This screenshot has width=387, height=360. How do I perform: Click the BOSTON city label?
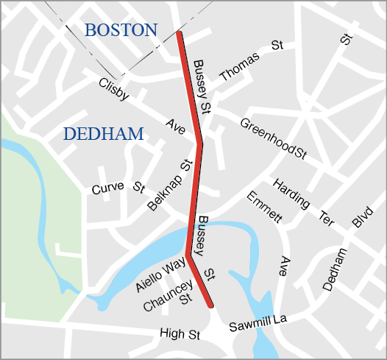pyautogui.click(x=121, y=30)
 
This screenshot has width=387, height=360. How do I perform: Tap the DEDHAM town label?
pyautogui.click(x=103, y=134)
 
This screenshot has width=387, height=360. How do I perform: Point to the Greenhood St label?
pyautogui.click(x=273, y=138)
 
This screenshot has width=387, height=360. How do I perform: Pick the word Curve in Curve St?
pyautogui.click(x=107, y=189)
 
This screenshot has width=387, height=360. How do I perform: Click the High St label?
pyautogui.click(x=180, y=335)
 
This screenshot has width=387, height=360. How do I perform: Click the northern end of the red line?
pyautogui.click(x=180, y=34)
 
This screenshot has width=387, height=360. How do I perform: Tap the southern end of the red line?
pyautogui.click(x=210, y=305)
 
